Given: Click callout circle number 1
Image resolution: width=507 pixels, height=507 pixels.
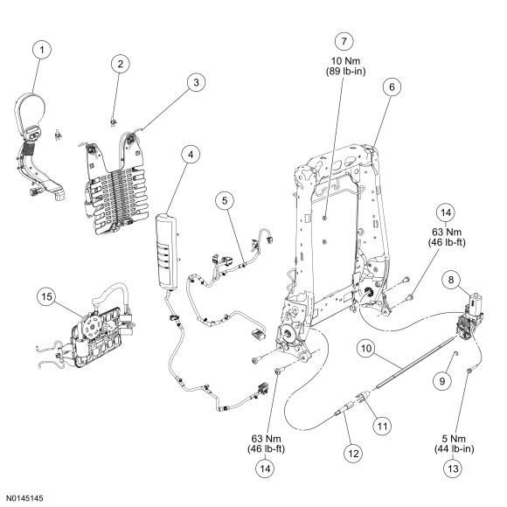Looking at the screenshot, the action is pyautogui.click(x=42, y=50).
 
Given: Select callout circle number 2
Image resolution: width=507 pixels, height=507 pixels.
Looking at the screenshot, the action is pyautogui.click(x=121, y=64).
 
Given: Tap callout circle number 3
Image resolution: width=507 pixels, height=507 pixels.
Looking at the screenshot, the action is pyautogui.click(x=197, y=82).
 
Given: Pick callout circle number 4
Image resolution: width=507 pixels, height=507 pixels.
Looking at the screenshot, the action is pyautogui.click(x=191, y=154).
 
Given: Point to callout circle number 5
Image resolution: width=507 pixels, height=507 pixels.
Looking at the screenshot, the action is pyautogui.click(x=225, y=200).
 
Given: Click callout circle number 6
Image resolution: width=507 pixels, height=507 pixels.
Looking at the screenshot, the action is pyautogui.click(x=392, y=87).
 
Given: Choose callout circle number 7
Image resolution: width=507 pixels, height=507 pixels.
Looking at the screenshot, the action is pyautogui.click(x=344, y=41).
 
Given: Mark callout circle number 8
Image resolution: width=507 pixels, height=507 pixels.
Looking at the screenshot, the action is pyautogui.click(x=451, y=280).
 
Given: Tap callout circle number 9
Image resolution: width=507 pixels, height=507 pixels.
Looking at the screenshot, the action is pyautogui.click(x=442, y=381).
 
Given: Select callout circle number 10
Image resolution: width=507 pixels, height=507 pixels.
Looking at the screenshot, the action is pyautogui.click(x=366, y=349).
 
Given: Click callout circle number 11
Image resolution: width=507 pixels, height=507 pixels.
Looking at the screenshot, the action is pyautogui.click(x=382, y=427).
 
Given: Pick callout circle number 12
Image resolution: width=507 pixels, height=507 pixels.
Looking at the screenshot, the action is pyautogui.click(x=353, y=454).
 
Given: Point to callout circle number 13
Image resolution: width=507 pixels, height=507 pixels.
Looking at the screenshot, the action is pyautogui.click(x=454, y=469).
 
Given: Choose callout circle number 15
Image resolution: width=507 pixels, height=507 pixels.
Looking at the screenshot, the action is pyautogui.click(x=47, y=296).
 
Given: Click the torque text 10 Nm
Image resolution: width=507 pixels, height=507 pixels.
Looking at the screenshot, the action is pyautogui.click(x=345, y=61).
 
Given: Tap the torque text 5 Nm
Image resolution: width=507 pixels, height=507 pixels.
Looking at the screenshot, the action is pyautogui.click(x=454, y=439).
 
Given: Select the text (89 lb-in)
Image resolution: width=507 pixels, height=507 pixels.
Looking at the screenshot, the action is pyautogui.click(x=345, y=71).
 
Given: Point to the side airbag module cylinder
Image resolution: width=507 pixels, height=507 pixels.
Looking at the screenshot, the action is pyautogui.click(x=168, y=251).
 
